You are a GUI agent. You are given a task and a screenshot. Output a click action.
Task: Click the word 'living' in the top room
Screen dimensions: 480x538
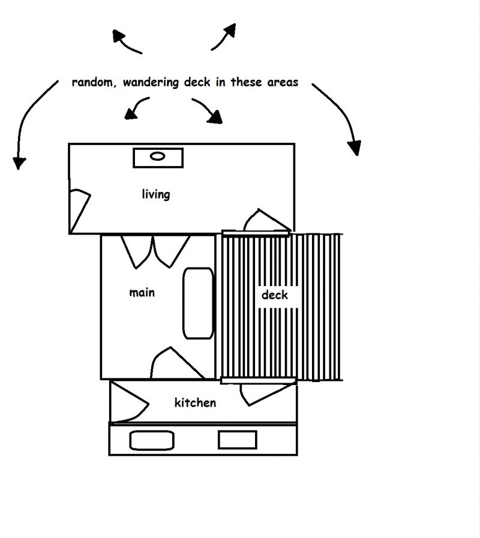156,194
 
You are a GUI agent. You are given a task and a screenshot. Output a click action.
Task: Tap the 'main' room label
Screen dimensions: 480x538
142,293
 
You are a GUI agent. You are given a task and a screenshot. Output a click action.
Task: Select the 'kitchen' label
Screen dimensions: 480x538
196,402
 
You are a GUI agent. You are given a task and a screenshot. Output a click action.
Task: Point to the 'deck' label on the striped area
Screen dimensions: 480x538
274,294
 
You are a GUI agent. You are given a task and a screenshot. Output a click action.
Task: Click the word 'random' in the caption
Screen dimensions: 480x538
92,82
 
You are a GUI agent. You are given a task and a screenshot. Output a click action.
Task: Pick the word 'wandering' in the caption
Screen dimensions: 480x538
151,83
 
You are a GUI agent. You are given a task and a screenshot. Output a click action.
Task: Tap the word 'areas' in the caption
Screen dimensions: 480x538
283,82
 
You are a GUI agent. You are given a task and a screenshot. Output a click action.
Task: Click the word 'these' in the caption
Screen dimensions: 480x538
246,82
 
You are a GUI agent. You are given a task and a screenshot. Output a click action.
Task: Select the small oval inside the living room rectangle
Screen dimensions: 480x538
158,156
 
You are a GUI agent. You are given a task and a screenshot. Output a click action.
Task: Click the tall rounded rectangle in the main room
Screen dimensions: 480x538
198,303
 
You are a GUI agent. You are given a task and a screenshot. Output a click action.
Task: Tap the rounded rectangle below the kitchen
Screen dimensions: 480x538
152,440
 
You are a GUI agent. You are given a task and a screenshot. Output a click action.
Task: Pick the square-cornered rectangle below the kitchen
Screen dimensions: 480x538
238,440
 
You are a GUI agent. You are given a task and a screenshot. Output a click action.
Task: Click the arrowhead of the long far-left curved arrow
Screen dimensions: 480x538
19,163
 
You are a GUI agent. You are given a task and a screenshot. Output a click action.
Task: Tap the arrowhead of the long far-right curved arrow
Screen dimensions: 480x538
355,148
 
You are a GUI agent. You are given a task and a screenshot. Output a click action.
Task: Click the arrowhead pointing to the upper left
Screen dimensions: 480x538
118,35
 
